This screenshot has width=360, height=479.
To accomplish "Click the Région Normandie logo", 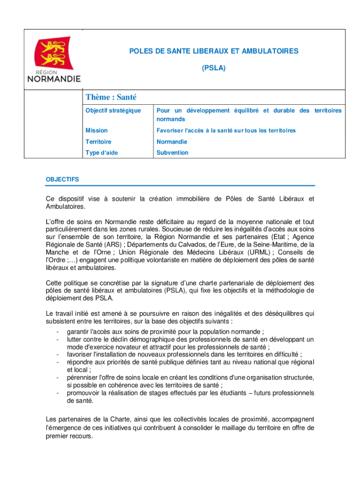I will coord(54,59).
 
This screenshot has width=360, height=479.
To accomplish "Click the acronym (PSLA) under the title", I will coord(214,68).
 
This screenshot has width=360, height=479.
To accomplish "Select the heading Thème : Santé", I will coord(111,97).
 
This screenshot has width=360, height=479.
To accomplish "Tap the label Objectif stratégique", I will coord(113,111).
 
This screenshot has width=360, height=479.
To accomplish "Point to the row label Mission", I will coord(96,131).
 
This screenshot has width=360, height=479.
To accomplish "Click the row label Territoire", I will coord(98,142).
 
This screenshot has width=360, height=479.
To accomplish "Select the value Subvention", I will coord(173,153).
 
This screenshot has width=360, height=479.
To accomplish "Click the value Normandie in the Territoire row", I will coord(172,142).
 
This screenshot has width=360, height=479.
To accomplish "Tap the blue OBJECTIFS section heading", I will coord(62,180).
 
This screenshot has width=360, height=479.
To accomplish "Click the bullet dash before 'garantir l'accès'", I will coord(57,332).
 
